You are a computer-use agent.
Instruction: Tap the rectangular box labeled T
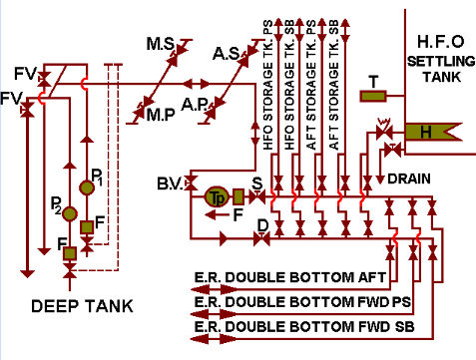point(371,96)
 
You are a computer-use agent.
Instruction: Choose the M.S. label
point(162,46)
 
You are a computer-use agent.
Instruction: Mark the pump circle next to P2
point(69,212)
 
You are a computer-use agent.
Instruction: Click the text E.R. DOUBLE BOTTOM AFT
point(276,276)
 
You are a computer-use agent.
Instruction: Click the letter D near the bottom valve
point(262,226)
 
